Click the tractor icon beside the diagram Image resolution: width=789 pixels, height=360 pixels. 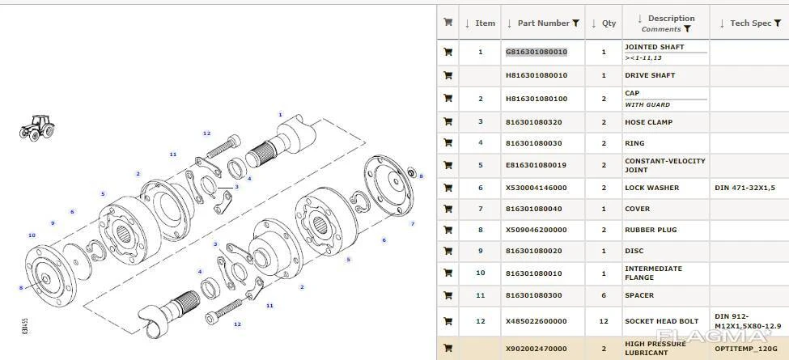36,128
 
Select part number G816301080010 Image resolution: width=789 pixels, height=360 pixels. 537,52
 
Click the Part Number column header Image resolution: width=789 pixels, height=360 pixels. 544,23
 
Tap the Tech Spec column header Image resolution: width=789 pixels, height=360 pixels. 751,23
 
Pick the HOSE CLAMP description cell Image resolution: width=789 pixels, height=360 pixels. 649,122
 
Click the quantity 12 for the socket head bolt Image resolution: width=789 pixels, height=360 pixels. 604,321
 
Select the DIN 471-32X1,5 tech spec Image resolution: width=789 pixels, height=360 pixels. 744,188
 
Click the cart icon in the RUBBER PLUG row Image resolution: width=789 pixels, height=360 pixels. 448,230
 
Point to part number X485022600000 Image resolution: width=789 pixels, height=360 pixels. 537,321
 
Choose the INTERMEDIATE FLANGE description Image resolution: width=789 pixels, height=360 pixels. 654,273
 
